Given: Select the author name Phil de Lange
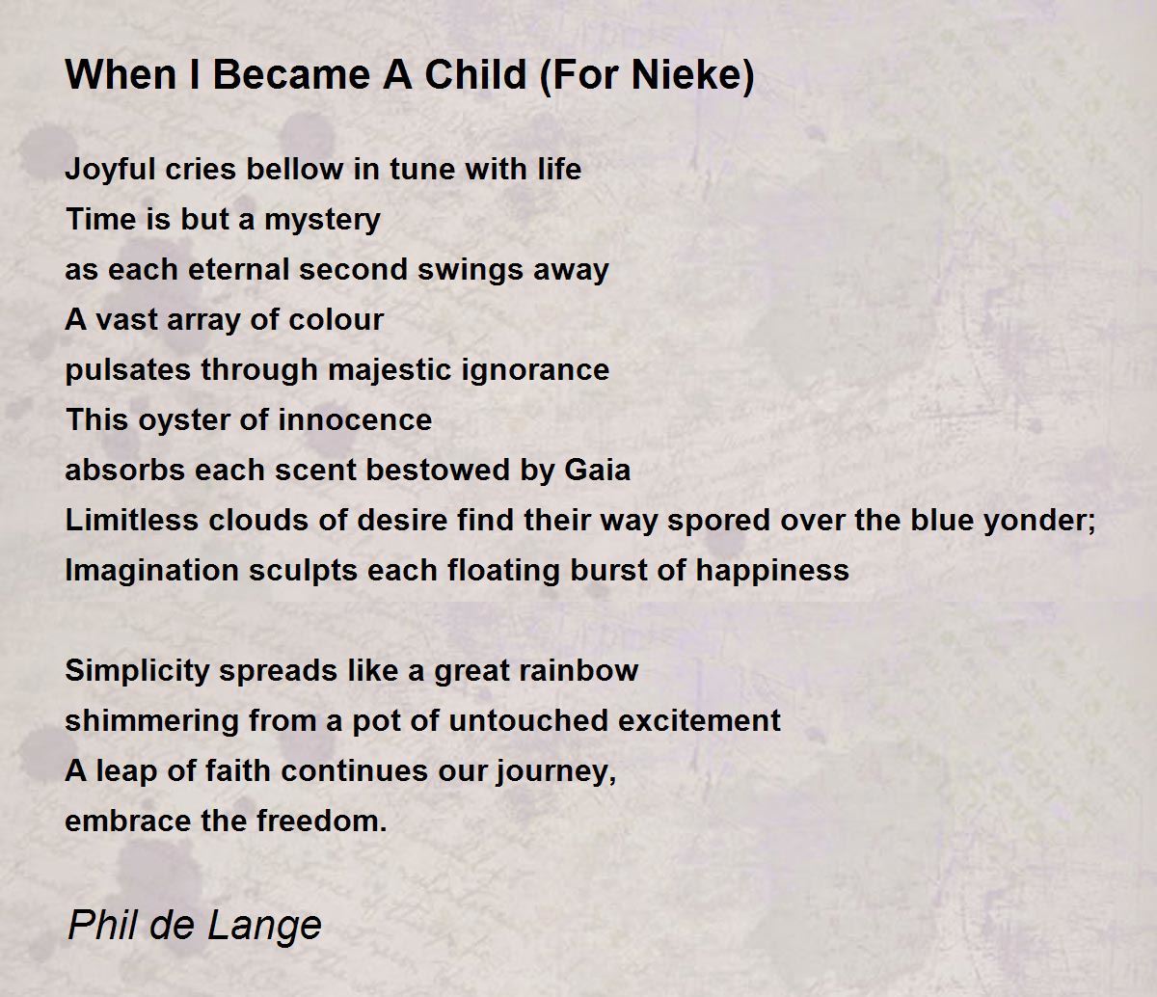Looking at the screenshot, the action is (194, 925).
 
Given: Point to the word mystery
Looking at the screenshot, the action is (322, 220).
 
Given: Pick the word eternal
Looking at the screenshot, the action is (239, 269).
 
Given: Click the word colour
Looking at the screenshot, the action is (336, 320).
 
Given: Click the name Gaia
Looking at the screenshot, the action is (597, 470).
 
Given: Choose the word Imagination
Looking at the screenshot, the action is (152, 571).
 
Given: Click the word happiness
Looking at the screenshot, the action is (772, 571).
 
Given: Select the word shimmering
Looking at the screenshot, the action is (152, 721).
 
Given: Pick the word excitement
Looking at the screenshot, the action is (699, 721).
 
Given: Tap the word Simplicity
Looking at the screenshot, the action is (137, 671).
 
